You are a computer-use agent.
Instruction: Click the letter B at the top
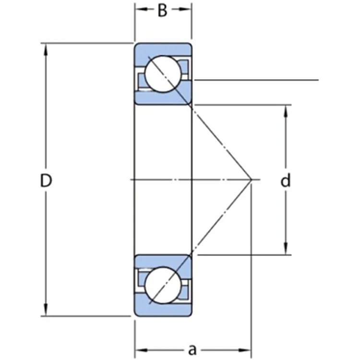pyautogui.click(x=163, y=11)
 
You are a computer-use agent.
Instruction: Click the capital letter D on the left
pyautogui.click(x=46, y=181)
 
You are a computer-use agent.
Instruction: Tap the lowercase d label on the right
pyautogui.click(x=286, y=181)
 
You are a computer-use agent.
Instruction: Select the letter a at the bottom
pyautogui.click(x=192, y=347)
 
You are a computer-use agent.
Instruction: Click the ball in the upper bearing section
pyautogui.click(x=163, y=74)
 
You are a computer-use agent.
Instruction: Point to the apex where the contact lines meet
pyautogui.click(x=251, y=180)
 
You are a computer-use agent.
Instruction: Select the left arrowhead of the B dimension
pyautogui.click(x=138, y=9)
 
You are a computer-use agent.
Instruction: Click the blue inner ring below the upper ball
pyautogui.click(x=163, y=98)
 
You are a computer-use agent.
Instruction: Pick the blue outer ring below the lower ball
pyautogui.click(x=163, y=311)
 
